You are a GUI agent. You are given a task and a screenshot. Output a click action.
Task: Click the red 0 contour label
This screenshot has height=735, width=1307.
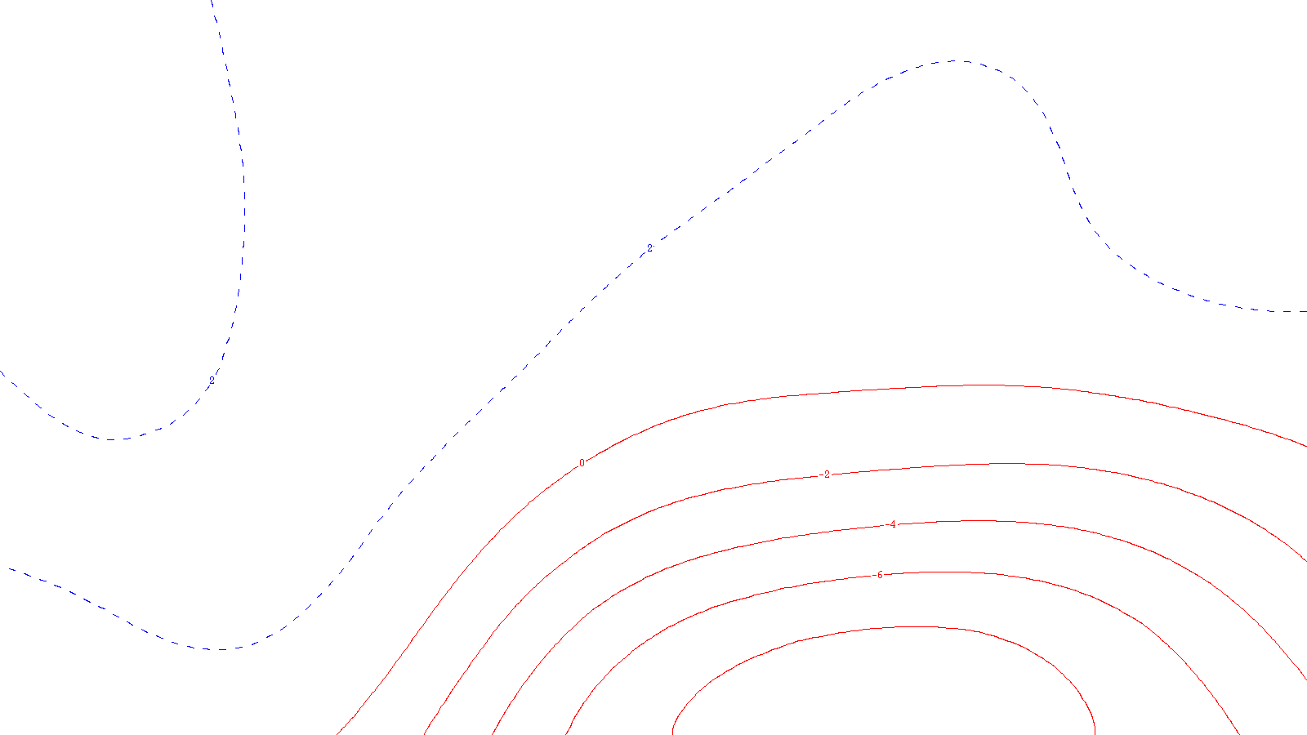point(582,463)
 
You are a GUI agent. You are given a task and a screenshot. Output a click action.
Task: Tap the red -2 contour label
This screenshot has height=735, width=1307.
point(826,474)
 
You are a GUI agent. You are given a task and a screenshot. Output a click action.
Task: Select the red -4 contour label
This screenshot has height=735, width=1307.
point(892,524)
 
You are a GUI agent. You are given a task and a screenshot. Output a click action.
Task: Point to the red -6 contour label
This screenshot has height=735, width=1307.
point(878,575)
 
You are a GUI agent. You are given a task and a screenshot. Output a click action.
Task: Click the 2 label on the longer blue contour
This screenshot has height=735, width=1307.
point(649,247)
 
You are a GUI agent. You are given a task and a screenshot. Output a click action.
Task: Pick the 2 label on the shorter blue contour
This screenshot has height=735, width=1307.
point(212,381)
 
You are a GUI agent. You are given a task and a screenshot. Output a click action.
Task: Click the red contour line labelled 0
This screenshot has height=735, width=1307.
point(980,385)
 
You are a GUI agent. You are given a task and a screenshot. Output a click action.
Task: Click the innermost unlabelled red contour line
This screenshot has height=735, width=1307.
point(915,627)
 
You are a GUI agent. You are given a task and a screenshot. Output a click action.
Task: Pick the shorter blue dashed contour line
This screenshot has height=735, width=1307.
point(243,204)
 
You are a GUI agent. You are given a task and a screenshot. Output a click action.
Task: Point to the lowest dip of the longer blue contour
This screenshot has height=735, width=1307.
point(219,649)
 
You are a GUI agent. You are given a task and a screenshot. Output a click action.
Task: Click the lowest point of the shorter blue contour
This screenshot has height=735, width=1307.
point(110,439)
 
